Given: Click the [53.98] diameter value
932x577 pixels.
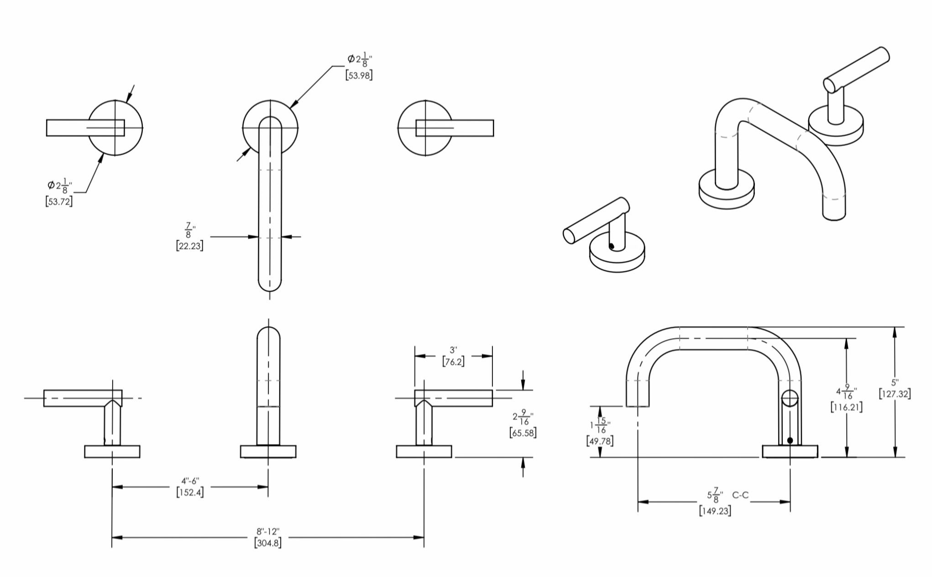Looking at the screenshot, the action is click(359, 75).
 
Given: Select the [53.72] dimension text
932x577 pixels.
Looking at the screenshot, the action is click(59, 201).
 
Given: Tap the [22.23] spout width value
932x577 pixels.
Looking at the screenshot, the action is click(189, 245).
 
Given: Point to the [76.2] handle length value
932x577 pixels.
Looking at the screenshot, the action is click(453, 362).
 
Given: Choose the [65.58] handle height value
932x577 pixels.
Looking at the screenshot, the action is click(523, 433).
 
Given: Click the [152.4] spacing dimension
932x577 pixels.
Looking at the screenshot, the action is click(190, 492).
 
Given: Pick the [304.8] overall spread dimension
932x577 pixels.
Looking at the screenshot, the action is click(267, 543).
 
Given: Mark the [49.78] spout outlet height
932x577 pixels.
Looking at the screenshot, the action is click(600, 441).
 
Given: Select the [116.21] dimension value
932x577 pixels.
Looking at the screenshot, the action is click(847, 407).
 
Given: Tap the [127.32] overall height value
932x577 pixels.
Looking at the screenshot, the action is click(895, 394).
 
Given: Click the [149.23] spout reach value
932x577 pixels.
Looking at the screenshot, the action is click(715, 511).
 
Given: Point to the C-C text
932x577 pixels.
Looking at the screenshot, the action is click(740, 495).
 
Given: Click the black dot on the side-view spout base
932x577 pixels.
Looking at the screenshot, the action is click(790, 440).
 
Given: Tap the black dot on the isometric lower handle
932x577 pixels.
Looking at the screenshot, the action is click(612, 246).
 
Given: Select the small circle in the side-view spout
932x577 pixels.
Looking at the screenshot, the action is click(790, 398).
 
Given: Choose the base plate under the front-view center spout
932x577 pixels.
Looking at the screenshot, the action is click(268, 451).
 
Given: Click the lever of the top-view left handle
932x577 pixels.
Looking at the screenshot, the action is click(85, 128).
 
